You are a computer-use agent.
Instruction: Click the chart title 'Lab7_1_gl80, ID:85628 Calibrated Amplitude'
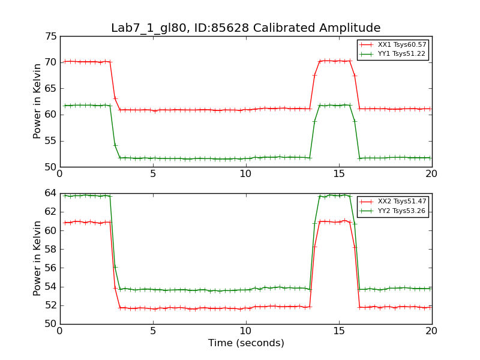tap(245, 28)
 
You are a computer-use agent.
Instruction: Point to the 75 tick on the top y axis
tap(50, 36)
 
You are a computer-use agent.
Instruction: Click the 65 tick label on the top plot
tap(50, 89)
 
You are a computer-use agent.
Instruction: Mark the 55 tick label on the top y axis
tap(50, 141)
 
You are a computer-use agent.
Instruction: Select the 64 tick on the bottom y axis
tap(50, 193)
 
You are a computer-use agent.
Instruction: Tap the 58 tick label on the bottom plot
tap(50, 249)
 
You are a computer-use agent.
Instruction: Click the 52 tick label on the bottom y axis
tap(50, 305)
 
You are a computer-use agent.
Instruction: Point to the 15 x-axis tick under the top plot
tap(339, 174)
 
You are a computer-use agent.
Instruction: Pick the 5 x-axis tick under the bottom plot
tap(153, 331)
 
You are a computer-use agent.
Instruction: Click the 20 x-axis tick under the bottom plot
tap(431, 331)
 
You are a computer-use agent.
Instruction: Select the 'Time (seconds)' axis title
tap(246, 343)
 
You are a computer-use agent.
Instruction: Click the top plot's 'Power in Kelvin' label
tap(38, 101)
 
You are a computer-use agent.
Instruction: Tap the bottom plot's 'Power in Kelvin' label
tap(38, 258)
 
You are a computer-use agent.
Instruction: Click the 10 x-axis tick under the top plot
tap(246, 174)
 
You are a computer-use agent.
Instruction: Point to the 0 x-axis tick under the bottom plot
tap(60, 331)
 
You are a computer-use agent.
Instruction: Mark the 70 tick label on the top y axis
tap(50, 62)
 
